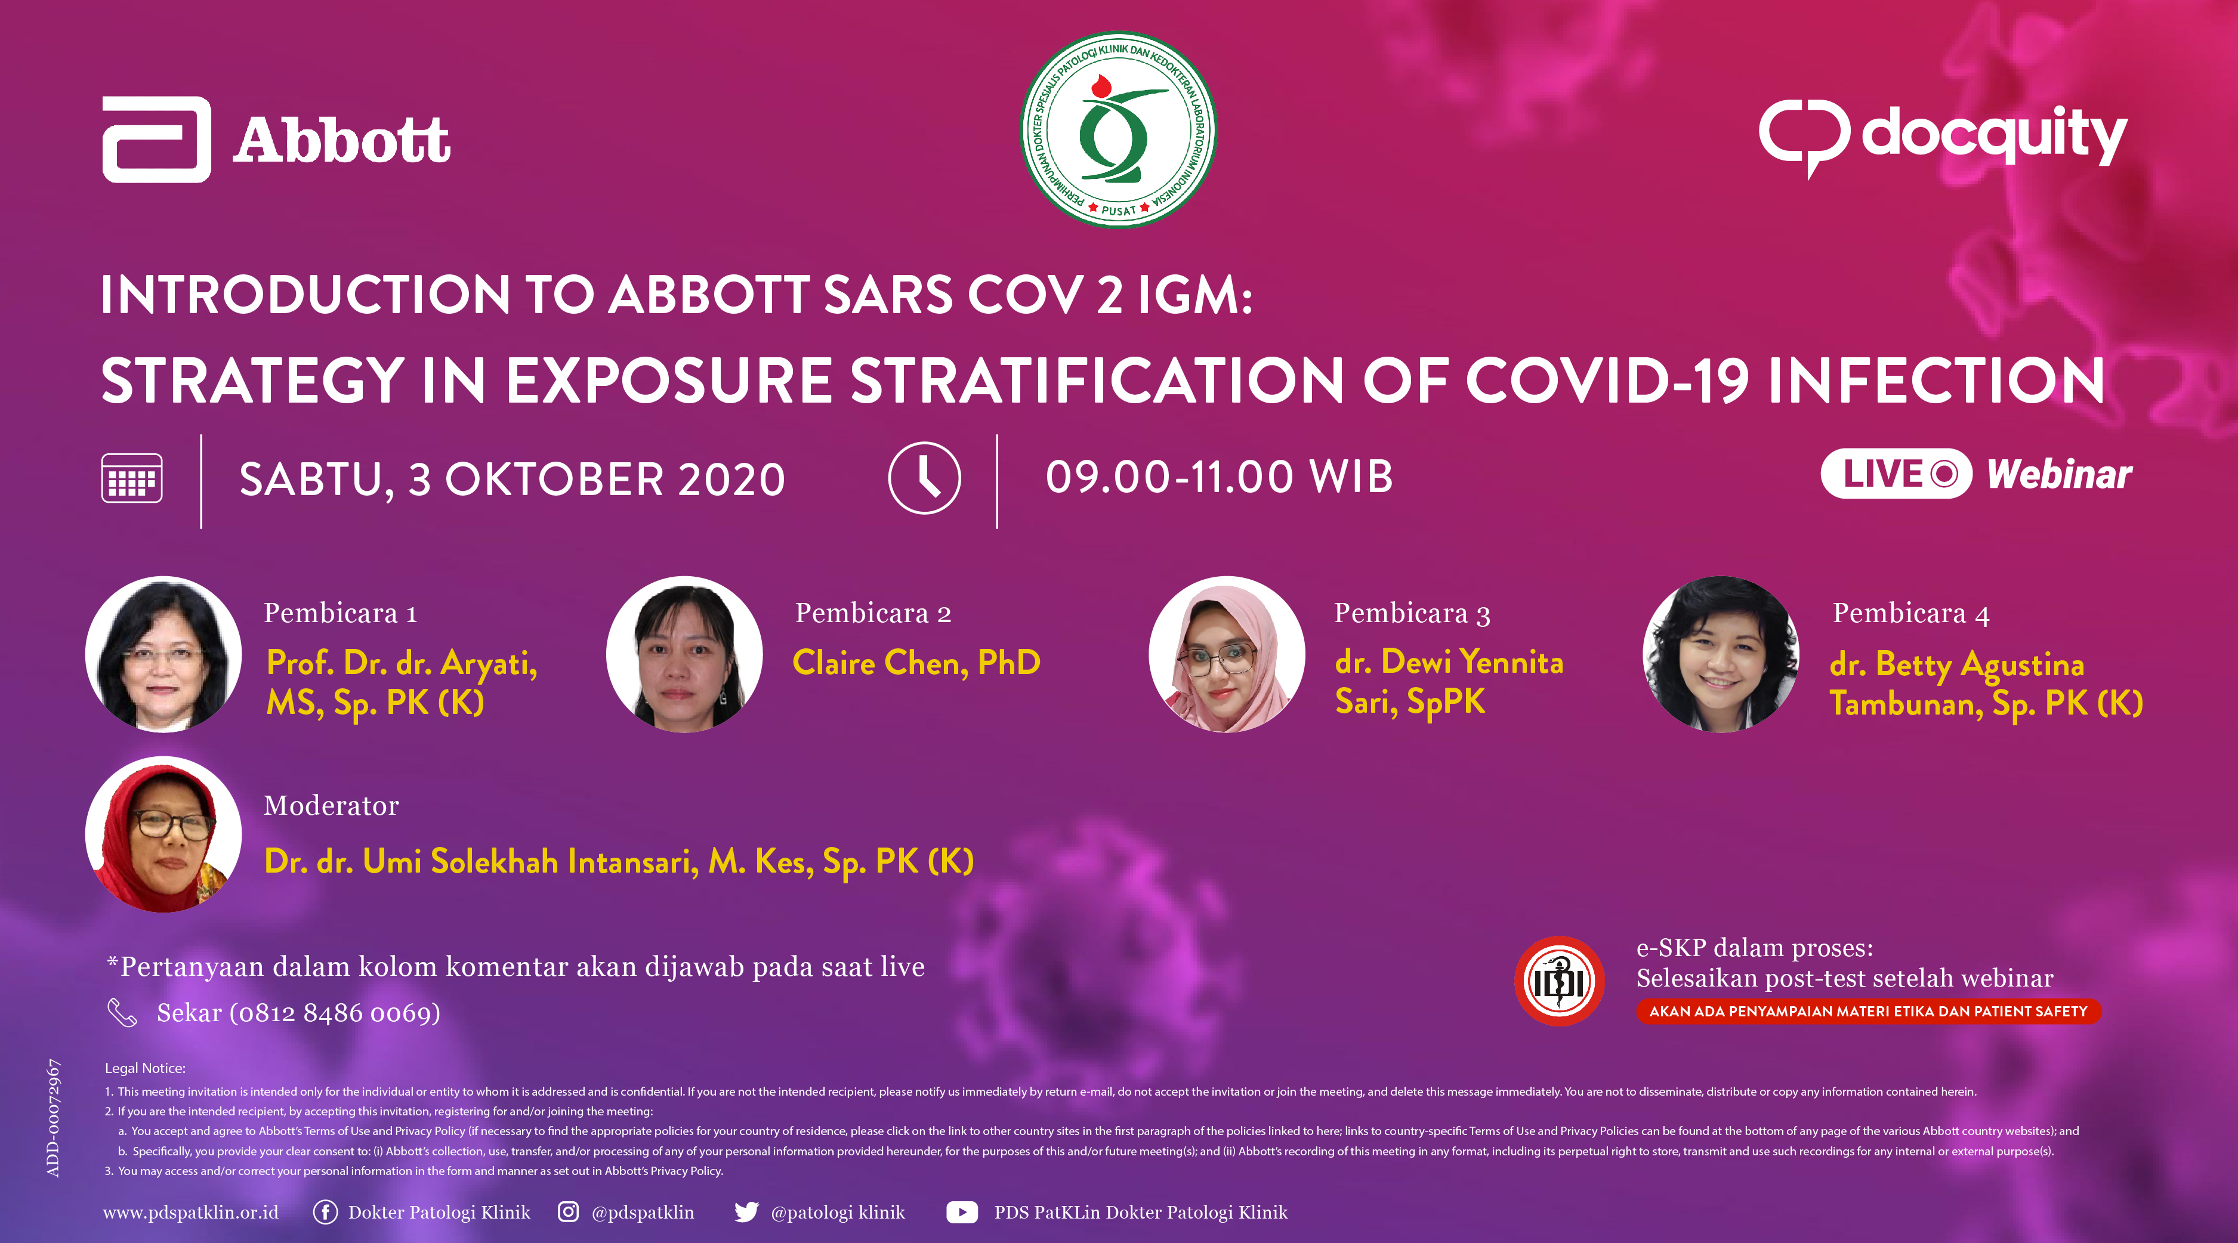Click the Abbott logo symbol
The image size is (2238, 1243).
point(156,139)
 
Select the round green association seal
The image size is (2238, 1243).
point(1118,130)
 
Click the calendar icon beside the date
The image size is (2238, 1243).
point(132,478)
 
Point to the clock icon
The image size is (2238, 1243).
point(924,478)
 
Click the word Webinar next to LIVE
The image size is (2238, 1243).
point(2059,474)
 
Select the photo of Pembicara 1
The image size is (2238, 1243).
point(163,654)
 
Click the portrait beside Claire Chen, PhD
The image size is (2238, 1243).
point(684,654)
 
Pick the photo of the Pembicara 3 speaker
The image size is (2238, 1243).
point(1227,654)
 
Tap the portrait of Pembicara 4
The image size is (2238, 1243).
point(1720,654)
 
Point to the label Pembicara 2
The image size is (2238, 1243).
point(873,613)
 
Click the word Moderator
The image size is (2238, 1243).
point(331,805)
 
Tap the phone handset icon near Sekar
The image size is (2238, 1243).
point(122,1012)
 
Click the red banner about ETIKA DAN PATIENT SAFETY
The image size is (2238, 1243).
point(1868,1011)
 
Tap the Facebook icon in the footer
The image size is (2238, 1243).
point(325,1212)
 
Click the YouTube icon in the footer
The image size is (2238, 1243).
point(962,1212)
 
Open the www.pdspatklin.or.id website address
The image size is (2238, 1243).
point(191,1213)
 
